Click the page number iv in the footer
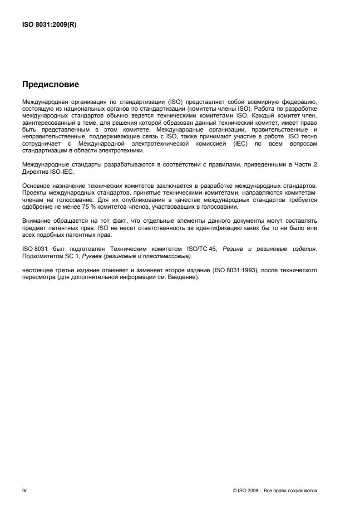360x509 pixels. pyautogui.click(x=25, y=491)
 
